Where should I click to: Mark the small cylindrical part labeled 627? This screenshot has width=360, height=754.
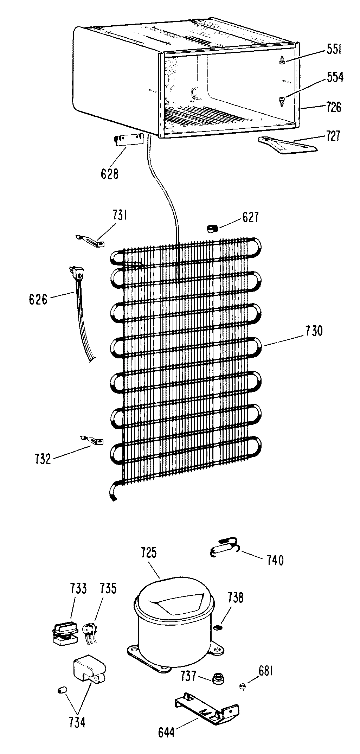point(212,229)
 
